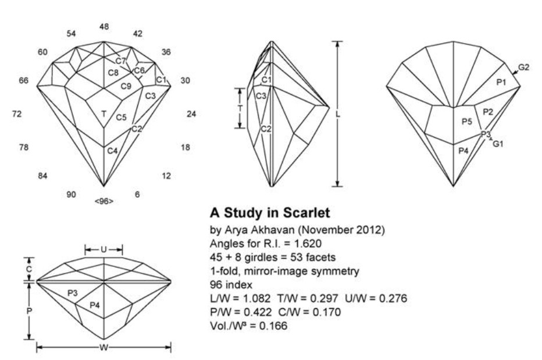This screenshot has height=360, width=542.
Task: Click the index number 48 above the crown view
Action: point(104,26)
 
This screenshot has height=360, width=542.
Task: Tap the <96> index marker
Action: point(104,201)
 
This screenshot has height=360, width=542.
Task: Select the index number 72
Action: point(17,114)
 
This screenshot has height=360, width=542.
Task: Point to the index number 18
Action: point(185,148)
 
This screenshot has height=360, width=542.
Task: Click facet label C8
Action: point(113,73)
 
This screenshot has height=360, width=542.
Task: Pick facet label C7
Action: point(120,61)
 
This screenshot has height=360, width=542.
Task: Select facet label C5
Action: point(121,117)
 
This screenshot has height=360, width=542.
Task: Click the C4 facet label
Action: point(112,151)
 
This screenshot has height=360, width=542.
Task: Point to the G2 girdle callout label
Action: point(524,67)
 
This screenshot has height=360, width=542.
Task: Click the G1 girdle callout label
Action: point(498,143)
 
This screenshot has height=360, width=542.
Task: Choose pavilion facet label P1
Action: point(501,83)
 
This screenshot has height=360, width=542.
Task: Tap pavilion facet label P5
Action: point(466,122)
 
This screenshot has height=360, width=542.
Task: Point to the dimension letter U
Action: point(104,250)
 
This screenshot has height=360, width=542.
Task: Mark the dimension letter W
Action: point(104,348)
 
